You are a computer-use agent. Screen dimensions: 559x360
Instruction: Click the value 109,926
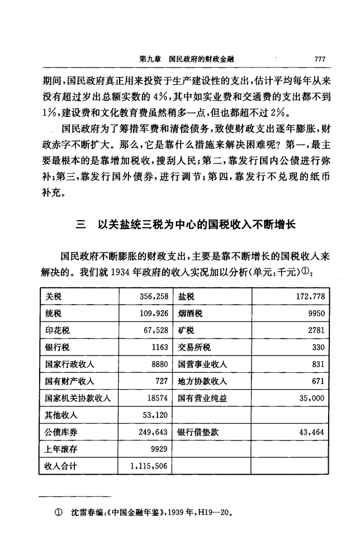pos(153,313)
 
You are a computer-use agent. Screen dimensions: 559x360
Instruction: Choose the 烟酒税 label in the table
pos(190,313)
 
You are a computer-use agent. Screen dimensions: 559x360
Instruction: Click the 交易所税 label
pos(194,348)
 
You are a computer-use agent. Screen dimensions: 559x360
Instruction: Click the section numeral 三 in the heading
pos(81,225)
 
